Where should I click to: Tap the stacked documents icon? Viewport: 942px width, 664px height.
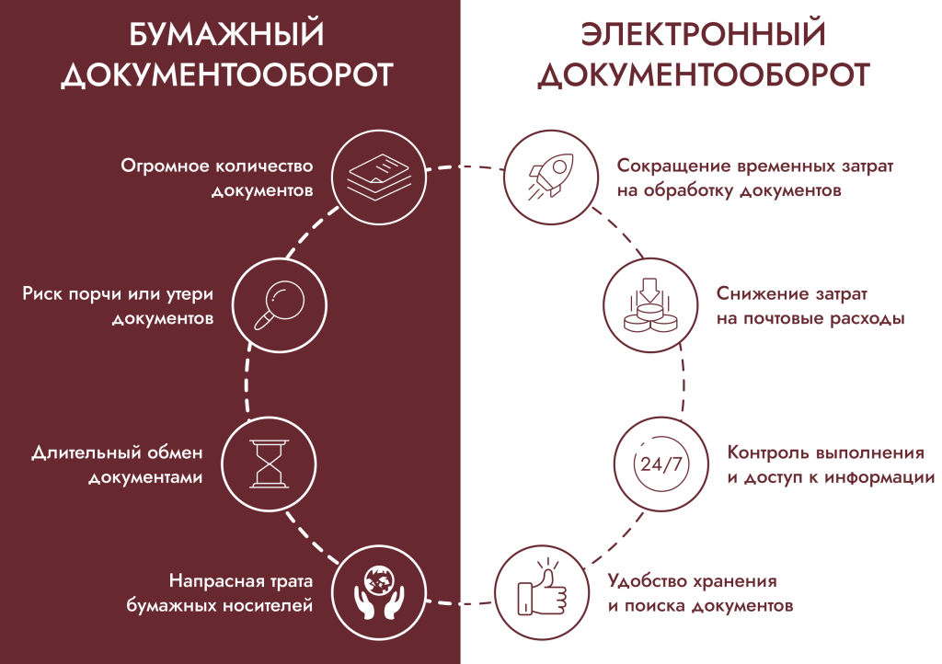379,177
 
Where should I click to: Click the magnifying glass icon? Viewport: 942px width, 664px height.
280,305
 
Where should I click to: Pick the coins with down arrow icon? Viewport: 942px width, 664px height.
650,305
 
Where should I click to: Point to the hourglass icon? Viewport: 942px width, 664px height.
269,464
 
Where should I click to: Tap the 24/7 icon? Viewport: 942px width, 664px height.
661,464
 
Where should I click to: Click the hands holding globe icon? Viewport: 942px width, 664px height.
379,592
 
